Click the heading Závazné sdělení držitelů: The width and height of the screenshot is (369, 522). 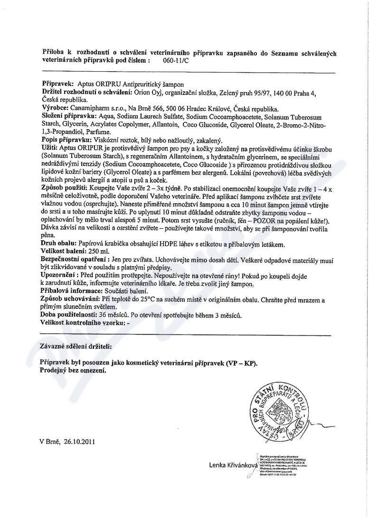[76, 347]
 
